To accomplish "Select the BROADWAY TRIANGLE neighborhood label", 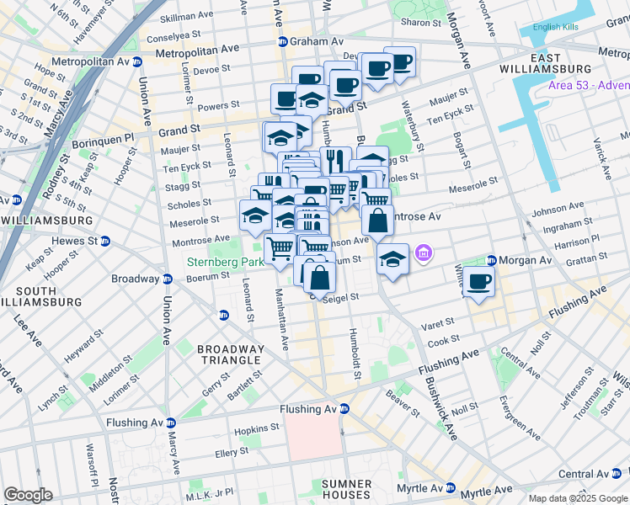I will [229, 354].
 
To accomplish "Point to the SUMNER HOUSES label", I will [347, 490].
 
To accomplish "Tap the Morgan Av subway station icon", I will [492, 260].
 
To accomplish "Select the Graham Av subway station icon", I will [284, 40].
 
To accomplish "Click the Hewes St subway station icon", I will [105, 241].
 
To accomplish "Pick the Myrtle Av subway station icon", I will [451, 488].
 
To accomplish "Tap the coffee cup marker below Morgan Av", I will [478, 282].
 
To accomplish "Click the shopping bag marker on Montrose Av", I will [378, 221].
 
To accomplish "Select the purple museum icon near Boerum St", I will [424, 252].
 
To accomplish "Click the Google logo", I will [28, 495].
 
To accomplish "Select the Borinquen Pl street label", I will [105, 136].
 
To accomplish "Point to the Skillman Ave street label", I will [186, 16].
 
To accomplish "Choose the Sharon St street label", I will [415, 22].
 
